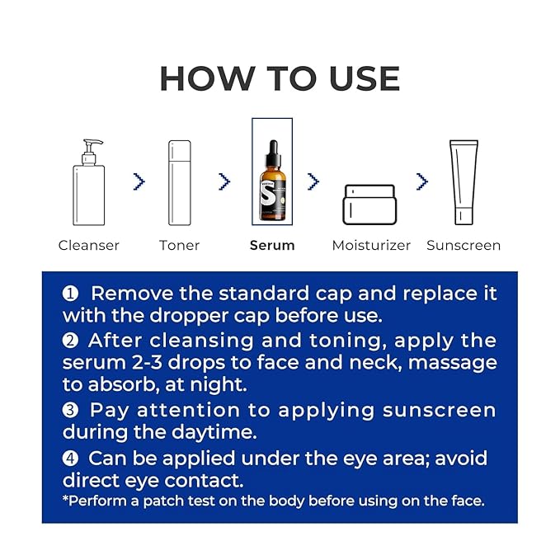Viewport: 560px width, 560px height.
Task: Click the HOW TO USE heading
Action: point(280,79)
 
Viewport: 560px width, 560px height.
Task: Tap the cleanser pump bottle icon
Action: point(88,182)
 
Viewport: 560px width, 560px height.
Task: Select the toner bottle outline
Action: point(180,182)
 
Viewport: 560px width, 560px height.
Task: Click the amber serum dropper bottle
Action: point(273,180)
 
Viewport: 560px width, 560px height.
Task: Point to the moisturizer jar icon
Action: point(369,205)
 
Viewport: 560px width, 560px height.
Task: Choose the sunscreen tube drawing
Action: point(464,182)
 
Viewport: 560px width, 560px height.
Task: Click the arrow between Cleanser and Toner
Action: point(139,181)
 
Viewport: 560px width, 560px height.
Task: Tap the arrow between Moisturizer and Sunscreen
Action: point(422,181)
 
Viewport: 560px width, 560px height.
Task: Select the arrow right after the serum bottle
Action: point(313,181)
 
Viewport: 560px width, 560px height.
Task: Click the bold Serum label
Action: point(272,245)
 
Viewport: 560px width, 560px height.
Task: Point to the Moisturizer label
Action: point(371,245)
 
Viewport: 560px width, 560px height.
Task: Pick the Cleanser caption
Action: point(88,245)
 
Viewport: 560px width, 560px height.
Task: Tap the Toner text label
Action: point(179,245)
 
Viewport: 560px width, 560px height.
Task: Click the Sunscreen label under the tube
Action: point(464,245)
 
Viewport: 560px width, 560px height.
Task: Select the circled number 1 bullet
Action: point(70,294)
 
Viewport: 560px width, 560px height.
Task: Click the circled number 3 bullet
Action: point(70,410)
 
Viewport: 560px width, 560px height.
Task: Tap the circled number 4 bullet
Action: point(70,459)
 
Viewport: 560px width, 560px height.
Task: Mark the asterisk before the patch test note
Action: point(65,498)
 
